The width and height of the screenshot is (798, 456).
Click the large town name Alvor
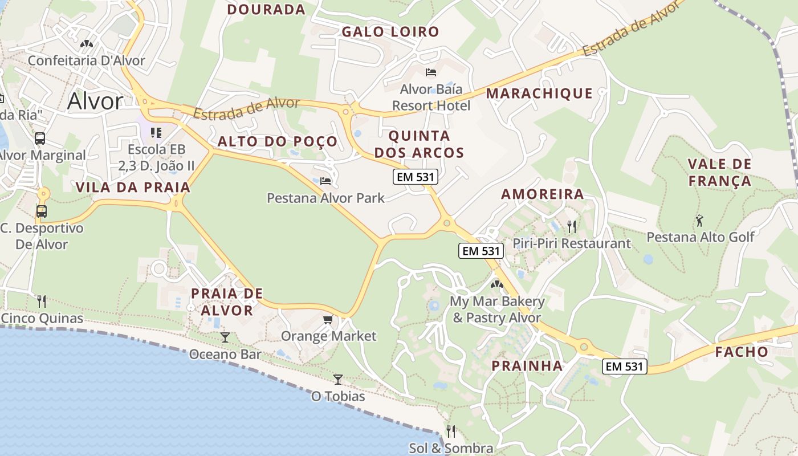coord(95,101)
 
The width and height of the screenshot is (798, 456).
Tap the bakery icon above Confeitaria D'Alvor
coord(87,43)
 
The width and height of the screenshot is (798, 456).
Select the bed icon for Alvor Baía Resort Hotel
coord(431,72)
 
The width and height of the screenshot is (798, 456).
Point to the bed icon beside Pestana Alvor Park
coord(325,181)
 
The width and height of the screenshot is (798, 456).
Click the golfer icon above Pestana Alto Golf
coord(699,220)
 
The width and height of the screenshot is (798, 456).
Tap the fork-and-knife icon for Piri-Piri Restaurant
coord(572,226)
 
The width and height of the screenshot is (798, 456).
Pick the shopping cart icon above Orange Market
coord(328,319)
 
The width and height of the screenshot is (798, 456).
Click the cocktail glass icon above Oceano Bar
coord(225,337)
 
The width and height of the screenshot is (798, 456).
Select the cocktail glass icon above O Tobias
coord(338,379)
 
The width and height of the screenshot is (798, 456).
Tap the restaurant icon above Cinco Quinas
coord(42,301)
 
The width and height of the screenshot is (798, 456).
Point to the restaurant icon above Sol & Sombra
coord(450,431)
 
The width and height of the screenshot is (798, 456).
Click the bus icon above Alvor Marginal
coord(40,138)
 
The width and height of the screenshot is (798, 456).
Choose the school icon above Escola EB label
coord(156,133)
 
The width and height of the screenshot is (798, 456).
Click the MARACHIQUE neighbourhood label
coord(539,93)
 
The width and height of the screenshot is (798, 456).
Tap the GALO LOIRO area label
coord(390,32)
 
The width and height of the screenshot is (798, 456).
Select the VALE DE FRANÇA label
coord(719,173)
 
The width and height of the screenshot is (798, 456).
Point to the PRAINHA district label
coord(527,366)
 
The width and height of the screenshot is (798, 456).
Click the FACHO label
coord(742,352)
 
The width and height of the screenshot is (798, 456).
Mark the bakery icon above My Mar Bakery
coord(496,284)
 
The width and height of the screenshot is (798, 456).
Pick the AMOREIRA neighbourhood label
coord(542,194)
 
